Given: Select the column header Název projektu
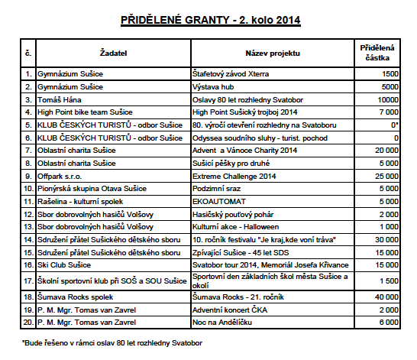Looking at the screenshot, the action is tap(272, 53).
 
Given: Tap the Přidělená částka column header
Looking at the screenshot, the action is tap(378, 53).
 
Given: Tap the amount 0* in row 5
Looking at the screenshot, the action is tap(393, 125).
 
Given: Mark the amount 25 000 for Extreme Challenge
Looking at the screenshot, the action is tap(386, 176).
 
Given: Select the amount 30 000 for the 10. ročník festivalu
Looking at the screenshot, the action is tap(386, 240).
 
